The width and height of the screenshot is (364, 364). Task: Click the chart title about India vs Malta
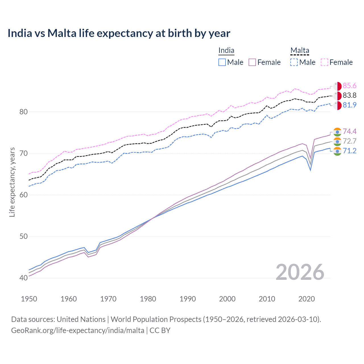(x=119, y=33)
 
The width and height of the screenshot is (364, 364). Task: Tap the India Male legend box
(x=222, y=62)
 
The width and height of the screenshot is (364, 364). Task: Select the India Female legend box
(x=252, y=62)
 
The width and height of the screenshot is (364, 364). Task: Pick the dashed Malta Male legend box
(x=294, y=62)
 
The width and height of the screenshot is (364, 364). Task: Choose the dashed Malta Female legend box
(x=324, y=62)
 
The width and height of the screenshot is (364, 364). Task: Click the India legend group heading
(x=226, y=51)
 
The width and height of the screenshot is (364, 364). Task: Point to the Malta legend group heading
(x=300, y=51)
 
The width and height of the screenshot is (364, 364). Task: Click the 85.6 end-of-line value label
(x=349, y=86)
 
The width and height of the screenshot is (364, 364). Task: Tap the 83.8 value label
(x=349, y=96)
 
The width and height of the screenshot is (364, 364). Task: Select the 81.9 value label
(x=349, y=105)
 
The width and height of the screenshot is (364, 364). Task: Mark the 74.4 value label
(x=349, y=131)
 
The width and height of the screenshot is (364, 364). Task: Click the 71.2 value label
(x=349, y=151)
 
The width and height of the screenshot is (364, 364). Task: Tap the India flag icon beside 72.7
(x=337, y=141)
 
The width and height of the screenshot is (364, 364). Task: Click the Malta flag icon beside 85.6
(x=337, y=86)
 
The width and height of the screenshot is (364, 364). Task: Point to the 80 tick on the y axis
(x=24, y=112)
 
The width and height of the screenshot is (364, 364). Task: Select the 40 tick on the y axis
(x=24, y=278)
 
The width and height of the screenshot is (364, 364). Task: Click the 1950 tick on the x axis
(x=29, y=299)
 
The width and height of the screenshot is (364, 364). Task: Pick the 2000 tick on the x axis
(x=227, y=299)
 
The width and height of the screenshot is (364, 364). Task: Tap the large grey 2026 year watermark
(x=300, y=272)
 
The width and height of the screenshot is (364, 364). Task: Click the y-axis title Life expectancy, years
(x=12, y=182)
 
